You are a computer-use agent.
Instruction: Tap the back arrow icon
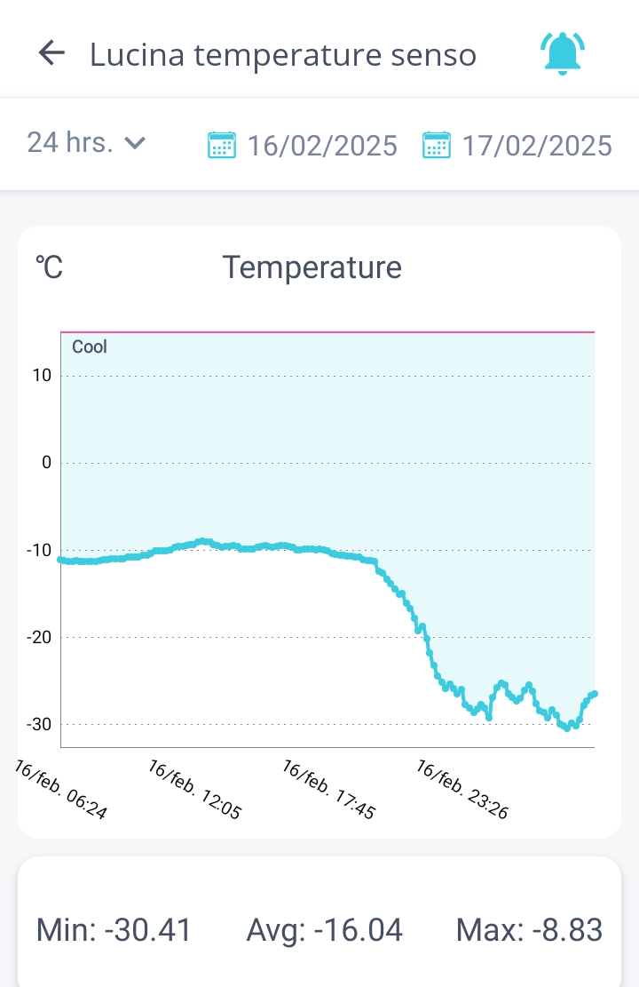point(52,53)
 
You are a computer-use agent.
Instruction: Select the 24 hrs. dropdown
point(86,142)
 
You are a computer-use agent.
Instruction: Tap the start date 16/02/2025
point(322,145)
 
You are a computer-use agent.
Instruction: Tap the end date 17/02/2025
point(537,145)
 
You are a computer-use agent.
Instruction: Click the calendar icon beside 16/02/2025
point(221,145)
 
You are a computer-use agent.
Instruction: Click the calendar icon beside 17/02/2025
point(436,145)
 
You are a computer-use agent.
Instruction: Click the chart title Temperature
point(312,267)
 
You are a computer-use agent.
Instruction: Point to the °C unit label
point(50,267)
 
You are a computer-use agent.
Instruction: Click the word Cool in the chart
point(90,346)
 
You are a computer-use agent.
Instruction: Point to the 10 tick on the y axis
point(43,376)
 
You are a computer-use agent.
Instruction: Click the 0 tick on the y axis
point(47,463)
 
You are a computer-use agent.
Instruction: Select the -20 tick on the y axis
point(39,637)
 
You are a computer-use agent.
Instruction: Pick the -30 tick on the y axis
point(39,724)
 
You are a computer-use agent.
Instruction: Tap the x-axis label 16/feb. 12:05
point(195,789)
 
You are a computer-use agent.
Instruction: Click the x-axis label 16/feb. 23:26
point(462,789)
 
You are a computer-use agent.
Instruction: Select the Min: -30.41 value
point(114,930)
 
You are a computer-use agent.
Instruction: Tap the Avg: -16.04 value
point(325,930)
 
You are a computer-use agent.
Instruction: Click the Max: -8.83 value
point(529,930)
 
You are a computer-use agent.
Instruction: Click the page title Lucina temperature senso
point(283,55)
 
